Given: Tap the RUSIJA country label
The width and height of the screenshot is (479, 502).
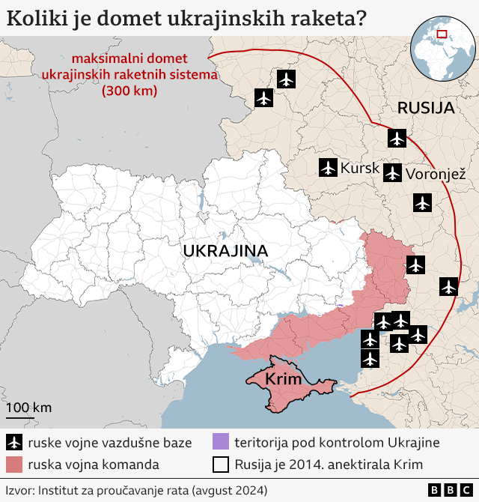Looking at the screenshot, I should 426,107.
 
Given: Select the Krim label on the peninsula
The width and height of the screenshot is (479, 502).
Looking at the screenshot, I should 284,380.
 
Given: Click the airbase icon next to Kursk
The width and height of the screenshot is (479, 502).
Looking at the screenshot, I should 328,168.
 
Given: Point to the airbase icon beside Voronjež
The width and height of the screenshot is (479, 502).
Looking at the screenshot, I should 392,174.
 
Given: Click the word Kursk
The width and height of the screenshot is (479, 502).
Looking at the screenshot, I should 360,169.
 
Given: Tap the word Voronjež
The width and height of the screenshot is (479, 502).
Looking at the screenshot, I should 436,175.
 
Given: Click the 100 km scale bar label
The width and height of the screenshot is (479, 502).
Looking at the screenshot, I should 29,408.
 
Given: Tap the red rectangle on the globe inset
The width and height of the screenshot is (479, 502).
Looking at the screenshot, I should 442,34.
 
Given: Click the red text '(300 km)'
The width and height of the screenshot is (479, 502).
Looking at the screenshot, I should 129,91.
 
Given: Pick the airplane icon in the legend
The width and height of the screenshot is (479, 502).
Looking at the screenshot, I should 14,442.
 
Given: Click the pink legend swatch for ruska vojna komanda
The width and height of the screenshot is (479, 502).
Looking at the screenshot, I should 14,465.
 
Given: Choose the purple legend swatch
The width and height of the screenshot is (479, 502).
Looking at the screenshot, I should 221,442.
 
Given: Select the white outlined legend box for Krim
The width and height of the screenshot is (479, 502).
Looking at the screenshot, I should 221,465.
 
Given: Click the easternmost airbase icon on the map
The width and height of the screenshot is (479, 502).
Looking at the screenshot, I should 448,285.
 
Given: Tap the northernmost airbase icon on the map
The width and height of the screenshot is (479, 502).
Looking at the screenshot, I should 287,79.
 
